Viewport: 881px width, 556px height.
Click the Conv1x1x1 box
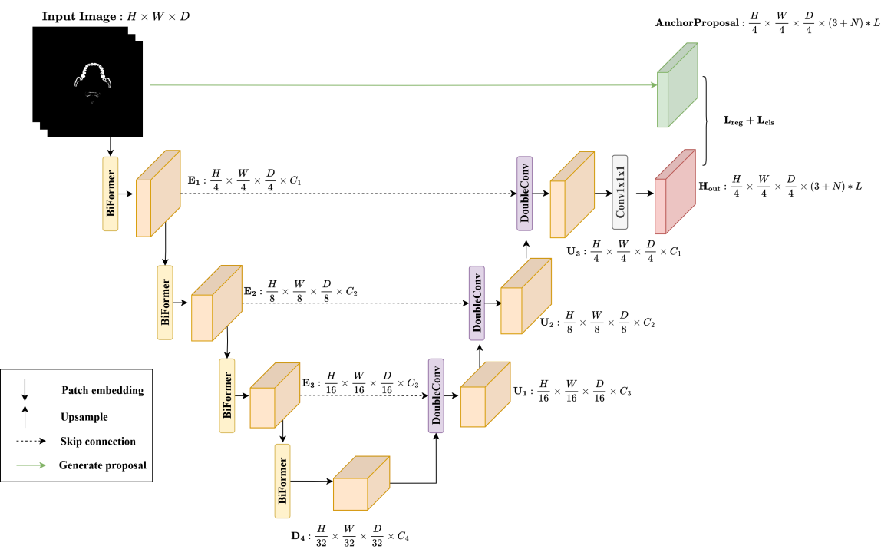pos(621,192)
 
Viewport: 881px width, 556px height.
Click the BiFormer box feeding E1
pos(111,194)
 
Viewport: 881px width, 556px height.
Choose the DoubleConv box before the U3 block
pos(526,193)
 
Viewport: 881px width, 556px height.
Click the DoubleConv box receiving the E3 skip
pos(437,395)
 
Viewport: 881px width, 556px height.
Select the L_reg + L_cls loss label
pos(749,121)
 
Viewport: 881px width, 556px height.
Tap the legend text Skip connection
pos(98,442)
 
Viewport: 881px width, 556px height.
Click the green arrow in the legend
pos(35,465)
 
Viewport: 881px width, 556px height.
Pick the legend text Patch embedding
pos(102,390)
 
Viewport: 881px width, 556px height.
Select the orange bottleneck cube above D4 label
pos(361,484)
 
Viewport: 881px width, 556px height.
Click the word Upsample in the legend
pos(84,417)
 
